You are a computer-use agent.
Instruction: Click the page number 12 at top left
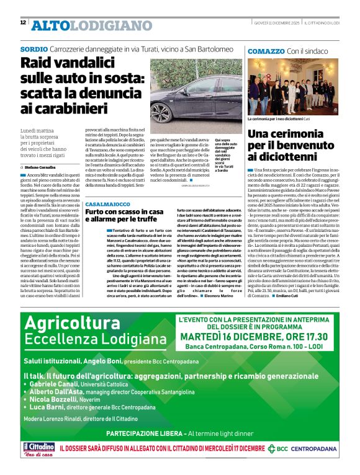(x=23, y=23)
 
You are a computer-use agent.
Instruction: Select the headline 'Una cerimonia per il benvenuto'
(x=292, y=146)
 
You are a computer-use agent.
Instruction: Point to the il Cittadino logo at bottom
(x=40, y=448)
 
